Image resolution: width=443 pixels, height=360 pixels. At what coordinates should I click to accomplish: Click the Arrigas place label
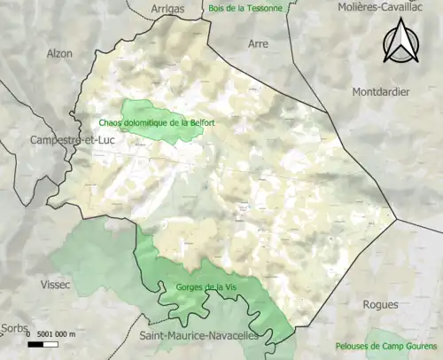(x=172, y=9)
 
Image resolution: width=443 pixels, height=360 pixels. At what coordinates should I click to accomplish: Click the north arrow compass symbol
(x=400, y=43)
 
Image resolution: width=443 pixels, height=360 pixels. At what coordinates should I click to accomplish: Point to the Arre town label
(x=258, y=42)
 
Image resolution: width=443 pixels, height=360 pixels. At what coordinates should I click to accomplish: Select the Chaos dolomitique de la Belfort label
(x=150, y=123)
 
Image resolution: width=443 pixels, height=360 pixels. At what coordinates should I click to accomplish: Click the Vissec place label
(x=57, y=285)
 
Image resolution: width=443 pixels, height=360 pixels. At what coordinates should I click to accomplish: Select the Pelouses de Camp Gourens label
(x=388, y=346)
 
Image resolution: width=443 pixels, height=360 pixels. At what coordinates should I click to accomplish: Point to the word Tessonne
(x=260, y=8)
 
